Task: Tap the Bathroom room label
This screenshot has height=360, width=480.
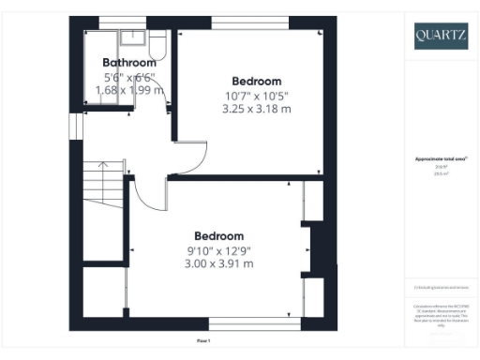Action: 129,64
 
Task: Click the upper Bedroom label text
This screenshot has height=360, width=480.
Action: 256,82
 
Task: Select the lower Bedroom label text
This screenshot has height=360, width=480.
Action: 219,235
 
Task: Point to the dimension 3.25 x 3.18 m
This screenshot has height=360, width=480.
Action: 256,109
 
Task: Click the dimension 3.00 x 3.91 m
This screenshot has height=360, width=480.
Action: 219,263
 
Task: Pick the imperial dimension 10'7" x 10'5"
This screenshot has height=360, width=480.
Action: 256,96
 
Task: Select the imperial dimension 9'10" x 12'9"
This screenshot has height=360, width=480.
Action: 219,249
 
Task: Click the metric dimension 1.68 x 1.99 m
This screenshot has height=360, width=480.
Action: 129,90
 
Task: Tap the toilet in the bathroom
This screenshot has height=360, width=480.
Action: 157,44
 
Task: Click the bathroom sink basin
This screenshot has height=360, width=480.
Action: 132,38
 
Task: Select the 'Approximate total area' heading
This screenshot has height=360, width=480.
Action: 440,159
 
